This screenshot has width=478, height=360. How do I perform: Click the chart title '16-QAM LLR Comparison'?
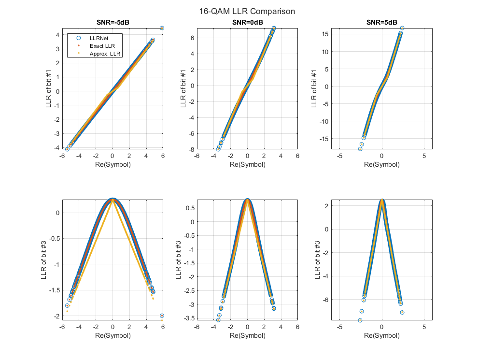(x=247, y=11)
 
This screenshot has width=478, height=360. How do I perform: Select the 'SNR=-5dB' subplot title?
(x=112, y=22)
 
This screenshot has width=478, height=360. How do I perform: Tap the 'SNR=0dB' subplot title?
(x=247, y=22)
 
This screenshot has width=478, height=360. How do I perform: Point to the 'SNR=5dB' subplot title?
(x=381, y=22)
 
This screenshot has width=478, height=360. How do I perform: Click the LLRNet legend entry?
(x=98, y=37)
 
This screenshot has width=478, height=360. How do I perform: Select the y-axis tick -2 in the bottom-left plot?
(x=56, y=316)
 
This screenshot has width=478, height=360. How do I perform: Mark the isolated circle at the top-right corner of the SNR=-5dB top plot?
(x=162, y=28)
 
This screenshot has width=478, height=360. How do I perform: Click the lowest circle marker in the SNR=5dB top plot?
(x=360, y=149)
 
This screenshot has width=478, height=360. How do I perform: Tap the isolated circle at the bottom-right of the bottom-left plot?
(x=162, y=316)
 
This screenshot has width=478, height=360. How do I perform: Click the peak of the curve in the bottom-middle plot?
(x=247, y=200)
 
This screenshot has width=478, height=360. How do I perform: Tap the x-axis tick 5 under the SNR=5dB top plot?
(x=424, y=156)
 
